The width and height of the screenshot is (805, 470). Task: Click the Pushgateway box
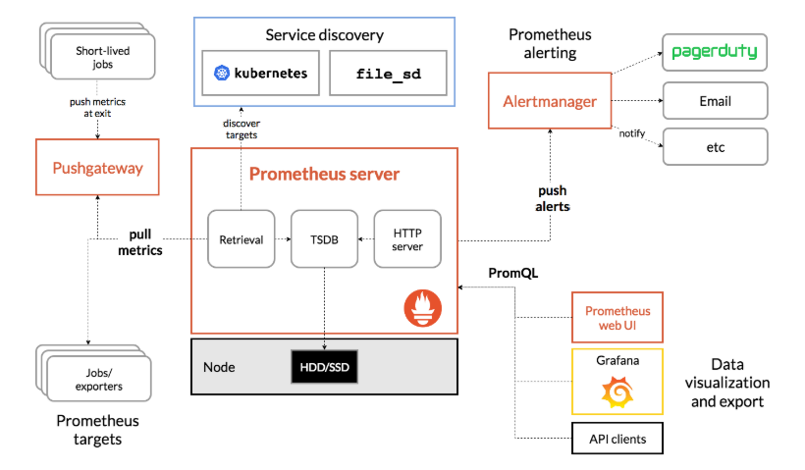click(x=97, y=168)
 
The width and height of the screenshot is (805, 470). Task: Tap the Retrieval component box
click(x=241, y=238)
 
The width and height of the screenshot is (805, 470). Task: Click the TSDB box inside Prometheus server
click(x=324, y=238)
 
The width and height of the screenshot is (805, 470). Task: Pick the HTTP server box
click(x=407, y=238)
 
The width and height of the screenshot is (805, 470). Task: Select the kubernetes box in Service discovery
click(x=260, y=73)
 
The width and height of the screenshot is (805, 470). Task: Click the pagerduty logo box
click(x=715, y=52)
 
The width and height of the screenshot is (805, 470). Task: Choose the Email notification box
click(x=715, y=101)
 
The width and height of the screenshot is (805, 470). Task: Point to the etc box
click(x=715, y=147)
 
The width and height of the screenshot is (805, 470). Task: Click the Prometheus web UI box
click(x=617, y=317)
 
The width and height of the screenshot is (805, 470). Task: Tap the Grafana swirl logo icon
click(x=617, y=393)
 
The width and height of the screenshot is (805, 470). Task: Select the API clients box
click(x=617, y=438)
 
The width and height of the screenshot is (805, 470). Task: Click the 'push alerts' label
click(x=554, y=198)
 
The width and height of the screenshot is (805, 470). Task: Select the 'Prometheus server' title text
click(x=324, y=175)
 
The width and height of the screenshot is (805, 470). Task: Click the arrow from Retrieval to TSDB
click(x=282, y=238)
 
